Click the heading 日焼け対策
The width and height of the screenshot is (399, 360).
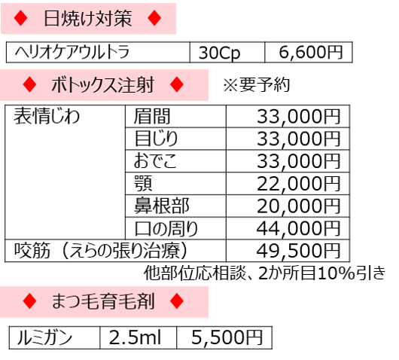coord(88,18)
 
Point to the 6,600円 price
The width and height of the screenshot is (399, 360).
coord(311,52)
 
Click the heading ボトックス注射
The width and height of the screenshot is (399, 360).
coord(103,85)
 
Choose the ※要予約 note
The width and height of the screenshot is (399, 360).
coord(257,84)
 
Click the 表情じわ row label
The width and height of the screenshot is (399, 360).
coord(47,116)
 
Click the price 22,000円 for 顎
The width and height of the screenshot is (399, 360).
coord(298,184)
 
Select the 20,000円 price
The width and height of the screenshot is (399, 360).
coord(298,206)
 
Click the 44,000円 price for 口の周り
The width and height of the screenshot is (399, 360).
coord(298,228)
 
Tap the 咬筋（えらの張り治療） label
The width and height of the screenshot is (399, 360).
coord(101,251)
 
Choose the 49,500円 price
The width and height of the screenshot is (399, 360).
coord(298,251)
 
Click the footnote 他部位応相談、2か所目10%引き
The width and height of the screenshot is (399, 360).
coord(265,273)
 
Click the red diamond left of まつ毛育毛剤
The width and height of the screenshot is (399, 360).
coord(29,301)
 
